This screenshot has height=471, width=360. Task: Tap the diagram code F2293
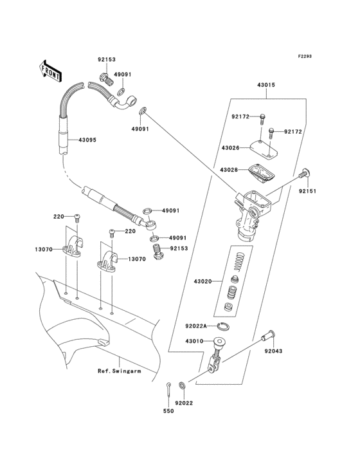305,56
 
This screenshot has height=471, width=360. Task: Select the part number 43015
265,85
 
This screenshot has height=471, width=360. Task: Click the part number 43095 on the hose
87,140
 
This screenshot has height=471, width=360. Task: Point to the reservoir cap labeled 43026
264,148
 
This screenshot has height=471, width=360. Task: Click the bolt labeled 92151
305,174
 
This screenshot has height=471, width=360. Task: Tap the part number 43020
203,281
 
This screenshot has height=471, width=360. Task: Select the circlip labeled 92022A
224,326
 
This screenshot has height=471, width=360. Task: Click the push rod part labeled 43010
216,355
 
